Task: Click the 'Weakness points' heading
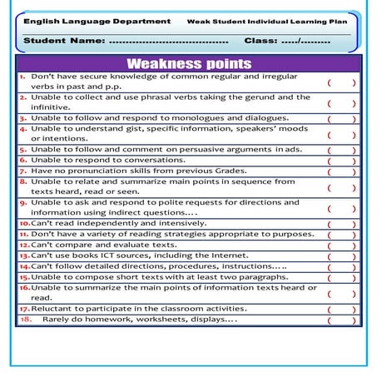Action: click(188, 63)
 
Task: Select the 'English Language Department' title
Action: click(85, 20)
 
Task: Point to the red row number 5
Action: click(23, 149)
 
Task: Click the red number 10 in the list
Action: click(24, 224)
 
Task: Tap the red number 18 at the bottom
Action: click(25, 319)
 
